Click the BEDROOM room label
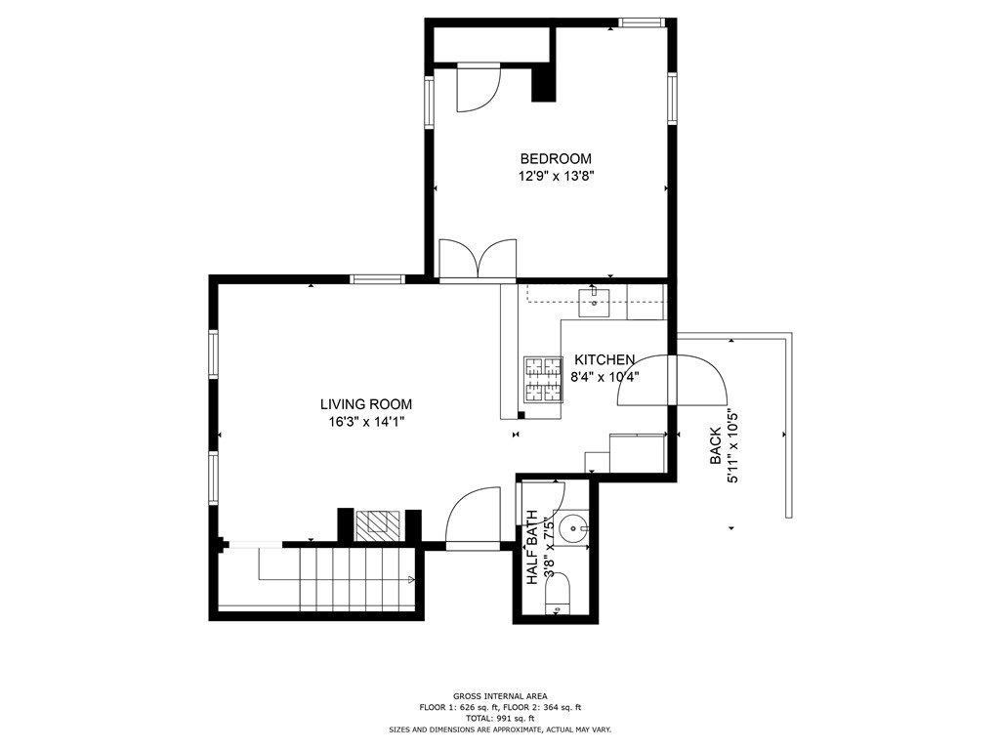point(556,159)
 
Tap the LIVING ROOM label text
point(366,404)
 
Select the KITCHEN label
point(604,359)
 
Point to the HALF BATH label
point(532,548)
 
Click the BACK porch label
point(716,446)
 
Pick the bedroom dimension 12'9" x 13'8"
point(556,176)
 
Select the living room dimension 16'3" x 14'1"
point(367,422)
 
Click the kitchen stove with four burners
point(543,379)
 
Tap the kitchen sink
point(594,303)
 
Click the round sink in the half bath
point(573,528)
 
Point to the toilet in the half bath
point(558,594)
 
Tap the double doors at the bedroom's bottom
point(478,260)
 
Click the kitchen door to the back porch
point(673,380)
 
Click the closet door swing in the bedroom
point(479,87)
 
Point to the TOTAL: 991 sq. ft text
point(500,718)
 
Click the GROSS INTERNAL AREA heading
point(500,696)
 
